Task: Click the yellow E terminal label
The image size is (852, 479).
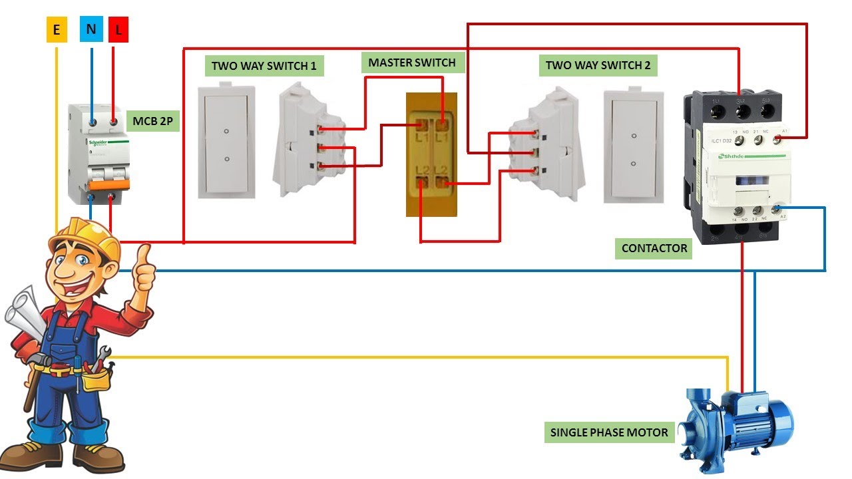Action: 57,30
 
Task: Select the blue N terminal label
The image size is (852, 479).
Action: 91,30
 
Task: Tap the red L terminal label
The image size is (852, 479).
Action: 118,30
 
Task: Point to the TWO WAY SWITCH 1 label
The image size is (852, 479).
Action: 264,66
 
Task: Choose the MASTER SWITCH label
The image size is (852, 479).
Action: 412,63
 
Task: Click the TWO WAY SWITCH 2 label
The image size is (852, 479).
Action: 598,65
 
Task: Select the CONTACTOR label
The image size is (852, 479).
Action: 654,248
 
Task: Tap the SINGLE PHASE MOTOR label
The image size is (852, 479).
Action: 609,432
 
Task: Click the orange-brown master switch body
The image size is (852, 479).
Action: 431,154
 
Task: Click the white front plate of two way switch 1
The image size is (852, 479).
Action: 227,141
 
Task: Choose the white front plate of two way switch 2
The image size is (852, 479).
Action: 633,146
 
